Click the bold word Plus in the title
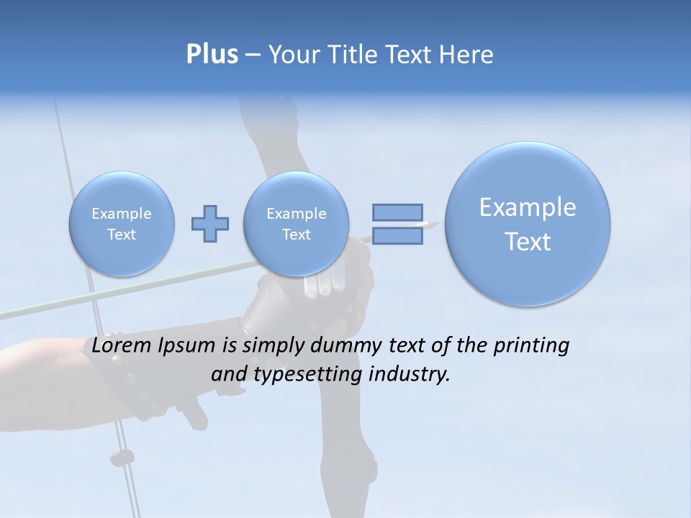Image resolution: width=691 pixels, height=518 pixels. (212, 55)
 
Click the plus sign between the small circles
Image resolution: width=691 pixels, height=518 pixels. (210, 224)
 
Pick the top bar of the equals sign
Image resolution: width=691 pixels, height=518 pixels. (397, 212)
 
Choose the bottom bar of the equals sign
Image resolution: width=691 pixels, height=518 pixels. (397, 235)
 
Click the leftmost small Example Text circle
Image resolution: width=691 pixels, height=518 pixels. (122, 224)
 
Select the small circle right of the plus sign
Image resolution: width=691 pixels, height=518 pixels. (296, 224)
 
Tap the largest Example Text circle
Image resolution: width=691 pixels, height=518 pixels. (528, 224)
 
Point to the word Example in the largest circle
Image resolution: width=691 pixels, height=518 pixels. (528, 207)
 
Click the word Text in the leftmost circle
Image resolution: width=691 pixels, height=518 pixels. (122, 235)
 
